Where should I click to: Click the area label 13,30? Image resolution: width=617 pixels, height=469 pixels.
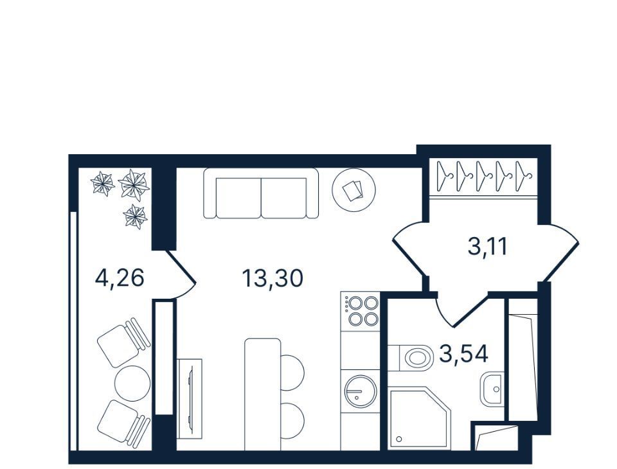[x=273, y=278]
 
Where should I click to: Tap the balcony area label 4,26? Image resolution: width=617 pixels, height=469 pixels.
[x=120, y=278]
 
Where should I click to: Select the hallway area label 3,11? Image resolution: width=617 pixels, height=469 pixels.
[x=488, y=247]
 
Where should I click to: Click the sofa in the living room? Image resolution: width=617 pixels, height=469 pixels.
[x=261, y=193]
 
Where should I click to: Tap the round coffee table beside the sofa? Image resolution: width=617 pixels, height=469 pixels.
[x=353, y=190]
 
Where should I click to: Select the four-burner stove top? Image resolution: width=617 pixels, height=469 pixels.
[x=361, y=311]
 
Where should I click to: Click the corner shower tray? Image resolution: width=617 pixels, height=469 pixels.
[x=418, y=418]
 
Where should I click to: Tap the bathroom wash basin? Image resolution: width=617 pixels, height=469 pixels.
[x=491, y=389]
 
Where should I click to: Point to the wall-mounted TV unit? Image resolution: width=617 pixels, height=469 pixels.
[x=189, y=398]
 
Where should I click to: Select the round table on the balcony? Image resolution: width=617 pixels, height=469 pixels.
[x=132, y=383]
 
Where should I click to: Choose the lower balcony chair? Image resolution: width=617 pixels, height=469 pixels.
[x=123, y=423]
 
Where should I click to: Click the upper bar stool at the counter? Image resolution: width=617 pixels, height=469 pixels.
[x=292, y=373]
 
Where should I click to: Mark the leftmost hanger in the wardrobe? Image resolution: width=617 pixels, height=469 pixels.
[x=445, y=175]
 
